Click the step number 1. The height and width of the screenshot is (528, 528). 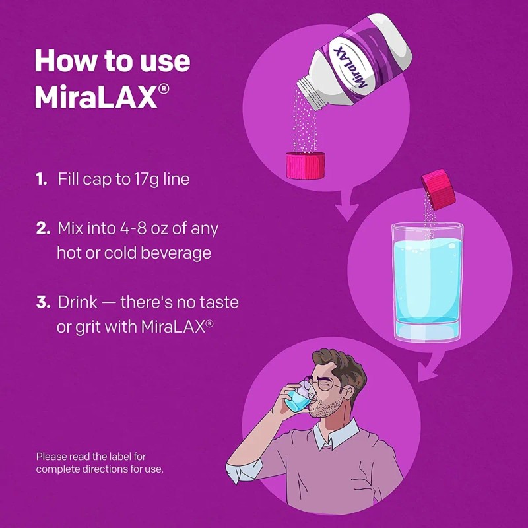(x=41, y=179)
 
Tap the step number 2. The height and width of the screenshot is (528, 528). (x=42, y=229)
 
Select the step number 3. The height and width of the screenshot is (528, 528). (x=43, y=303)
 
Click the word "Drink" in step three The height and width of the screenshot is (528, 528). (x=77, y=303)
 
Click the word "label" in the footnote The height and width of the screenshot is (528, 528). (x=117, y=456)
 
